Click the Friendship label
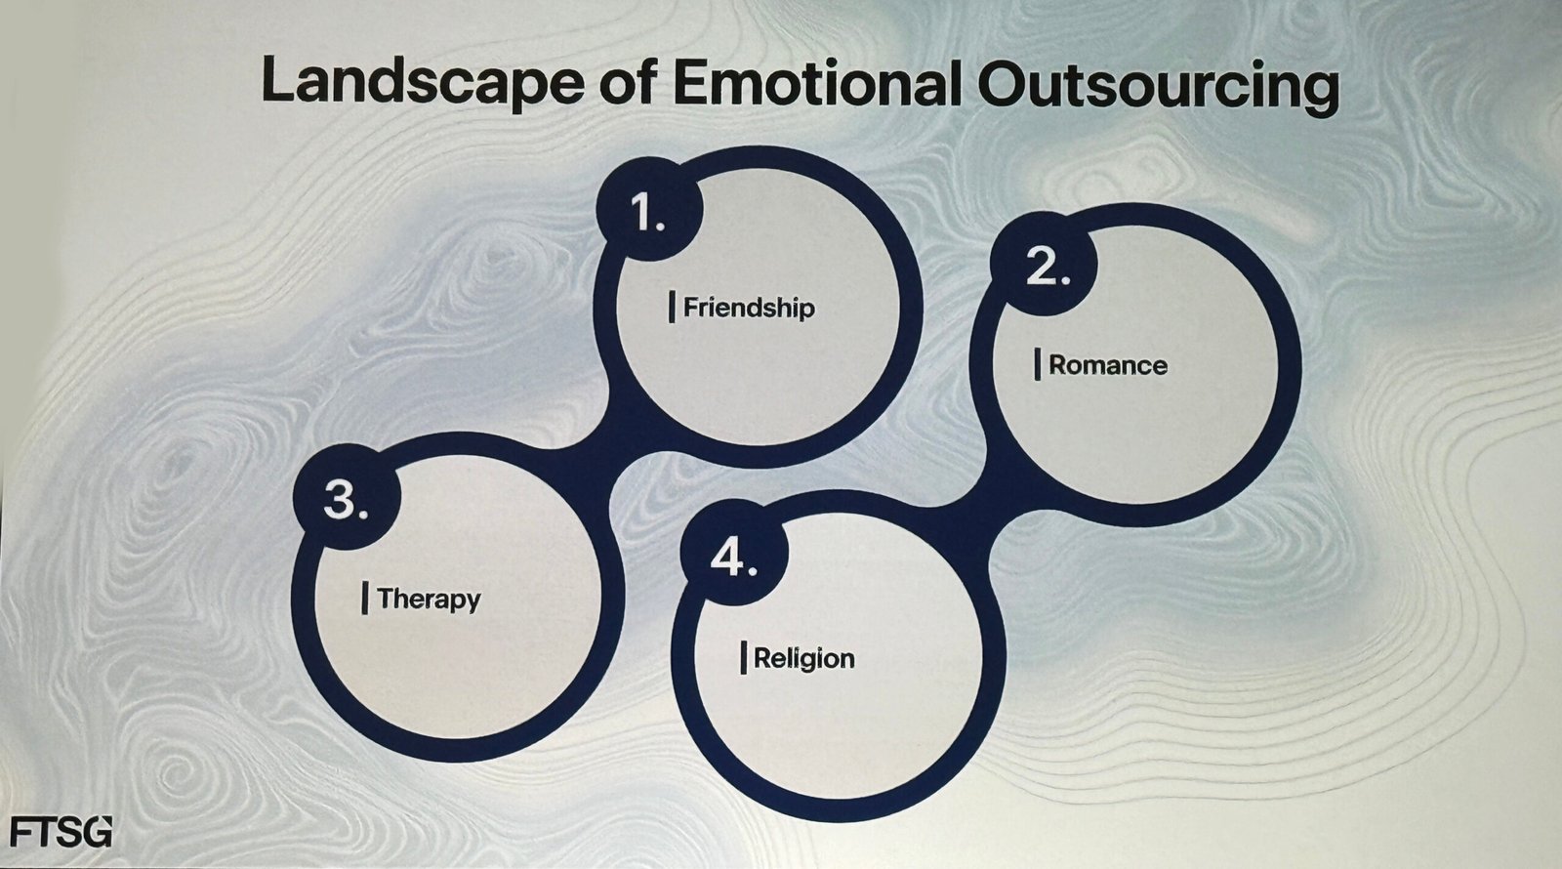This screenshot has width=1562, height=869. [x=749, y=308]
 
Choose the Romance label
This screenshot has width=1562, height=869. [x=1108, y=365]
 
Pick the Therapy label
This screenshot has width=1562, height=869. [x=429, y=600]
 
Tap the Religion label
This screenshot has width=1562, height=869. [x=804, y=658]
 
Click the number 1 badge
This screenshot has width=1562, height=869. [x=647, y=209]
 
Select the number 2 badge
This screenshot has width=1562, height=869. [x=1044, y=266]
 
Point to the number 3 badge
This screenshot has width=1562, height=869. [x=346, y=500]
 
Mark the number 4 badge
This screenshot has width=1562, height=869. [x=733, y=559]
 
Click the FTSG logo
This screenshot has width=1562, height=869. [x=61, y=832]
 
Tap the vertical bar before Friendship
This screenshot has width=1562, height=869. [x=672, y=308]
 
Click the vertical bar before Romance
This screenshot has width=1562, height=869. [x=1038, y=365]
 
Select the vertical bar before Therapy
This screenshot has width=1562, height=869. [x=365, y=599]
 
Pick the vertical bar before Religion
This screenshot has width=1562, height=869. [x=743, y=658]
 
